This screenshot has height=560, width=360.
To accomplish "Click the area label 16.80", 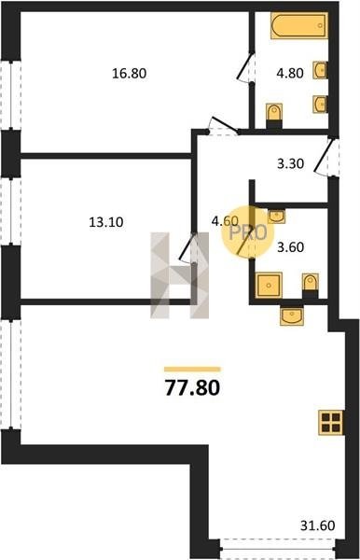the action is (x=129, y=74).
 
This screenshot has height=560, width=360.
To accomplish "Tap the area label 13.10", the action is (x=106, y=222).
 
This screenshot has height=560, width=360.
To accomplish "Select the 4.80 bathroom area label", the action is (x=290, y=74).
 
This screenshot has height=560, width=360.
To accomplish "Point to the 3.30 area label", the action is (x=290, y=164).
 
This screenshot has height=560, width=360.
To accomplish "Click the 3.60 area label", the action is (x=290, y=247).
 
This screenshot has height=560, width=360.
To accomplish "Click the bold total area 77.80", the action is (x=192, y=388).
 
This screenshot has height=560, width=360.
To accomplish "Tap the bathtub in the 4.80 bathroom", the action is (x=299, y=25).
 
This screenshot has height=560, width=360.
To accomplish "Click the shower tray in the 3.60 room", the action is (x=269, y=285).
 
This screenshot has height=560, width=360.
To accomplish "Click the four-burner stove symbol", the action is (x=330, y=423).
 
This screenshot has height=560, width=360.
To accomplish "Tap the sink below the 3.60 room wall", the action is (x=292, y=315).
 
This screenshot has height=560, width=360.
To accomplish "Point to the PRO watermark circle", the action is (x=247, y=232).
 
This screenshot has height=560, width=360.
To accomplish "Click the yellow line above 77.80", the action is (x=192, y=370).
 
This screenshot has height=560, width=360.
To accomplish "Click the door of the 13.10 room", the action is (x=188, y=247).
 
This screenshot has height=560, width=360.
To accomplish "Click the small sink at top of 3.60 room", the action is (x=276, y=217).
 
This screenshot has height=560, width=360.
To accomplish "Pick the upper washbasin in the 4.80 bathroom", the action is (x=320, y=70).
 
